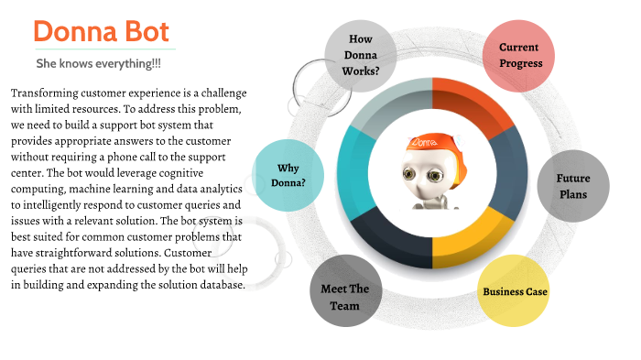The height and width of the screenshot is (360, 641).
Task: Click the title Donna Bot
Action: (x=102, y=32)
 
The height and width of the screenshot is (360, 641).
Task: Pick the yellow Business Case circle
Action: (x=515, y=292)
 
